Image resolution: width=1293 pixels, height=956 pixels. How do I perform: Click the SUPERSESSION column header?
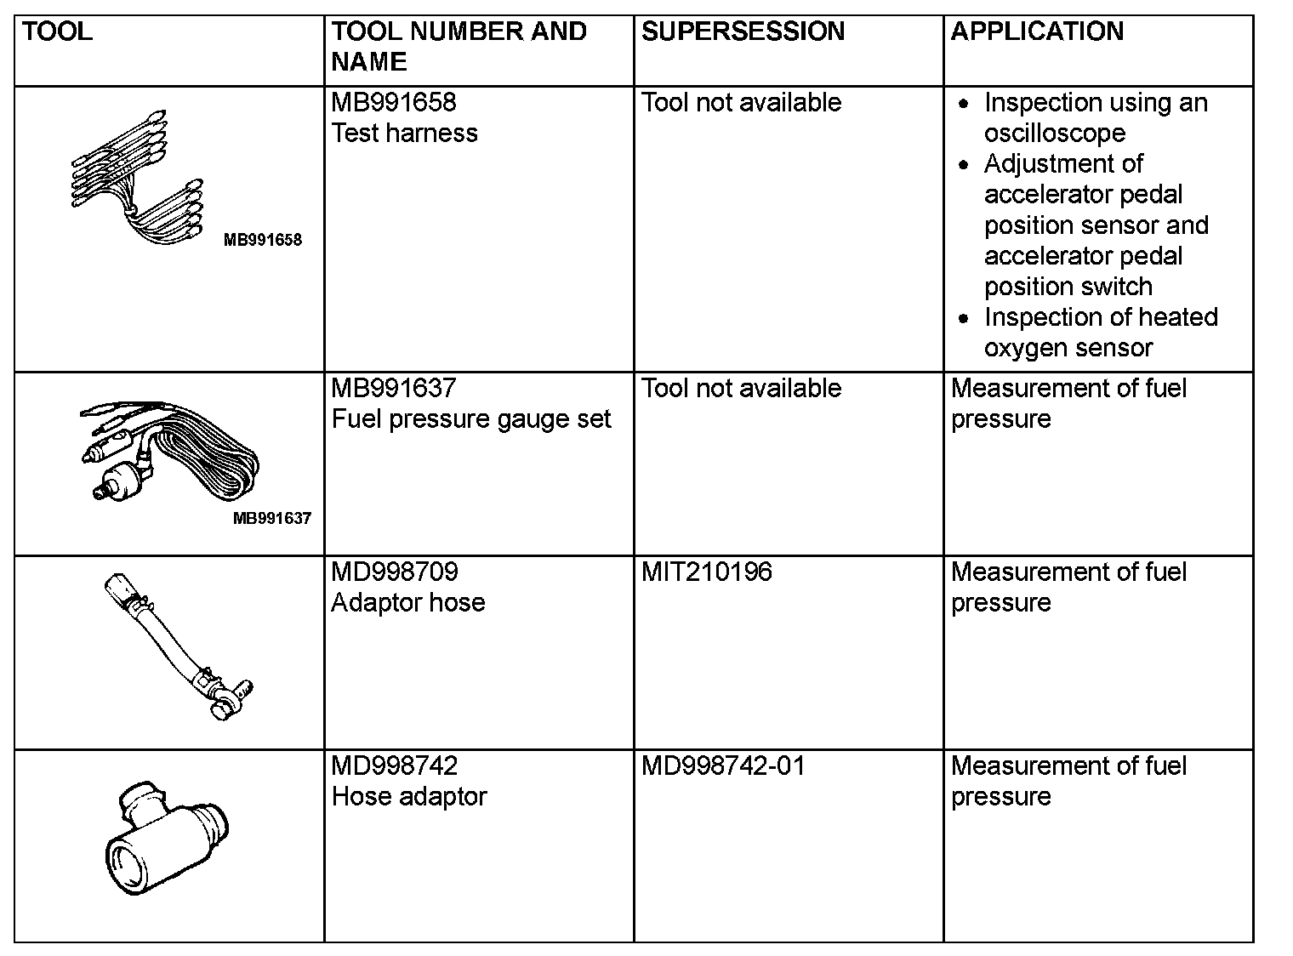(743, 32)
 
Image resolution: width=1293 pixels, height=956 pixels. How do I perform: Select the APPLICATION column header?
(1037, 32)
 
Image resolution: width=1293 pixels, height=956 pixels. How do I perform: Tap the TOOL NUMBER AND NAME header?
(459, 47)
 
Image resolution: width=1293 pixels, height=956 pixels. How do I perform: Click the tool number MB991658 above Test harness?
(394, 103)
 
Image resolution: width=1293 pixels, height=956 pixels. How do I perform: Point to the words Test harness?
(404, 134)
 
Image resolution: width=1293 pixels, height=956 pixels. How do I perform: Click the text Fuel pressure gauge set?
(471, 419)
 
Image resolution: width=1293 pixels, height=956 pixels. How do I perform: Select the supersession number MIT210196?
(706, 572)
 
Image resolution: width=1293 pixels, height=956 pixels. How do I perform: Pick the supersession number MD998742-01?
(722, 766)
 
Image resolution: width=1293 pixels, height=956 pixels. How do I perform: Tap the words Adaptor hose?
(408, 603)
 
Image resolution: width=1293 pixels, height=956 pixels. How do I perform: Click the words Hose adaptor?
(409, 797)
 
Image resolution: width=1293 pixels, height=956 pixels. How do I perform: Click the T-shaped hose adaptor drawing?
(167, 839)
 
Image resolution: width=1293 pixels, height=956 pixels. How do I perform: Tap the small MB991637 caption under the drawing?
(272, 518)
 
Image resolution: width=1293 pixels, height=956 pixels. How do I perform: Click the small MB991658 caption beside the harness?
(262, 240)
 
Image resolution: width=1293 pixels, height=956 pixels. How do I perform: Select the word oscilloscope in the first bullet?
(1055, 134)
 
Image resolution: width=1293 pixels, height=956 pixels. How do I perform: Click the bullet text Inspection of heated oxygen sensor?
(1100, 333)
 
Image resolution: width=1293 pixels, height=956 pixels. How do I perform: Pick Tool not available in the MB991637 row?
(741, 389)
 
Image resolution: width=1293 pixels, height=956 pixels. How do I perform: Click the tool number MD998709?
(395, 572)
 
